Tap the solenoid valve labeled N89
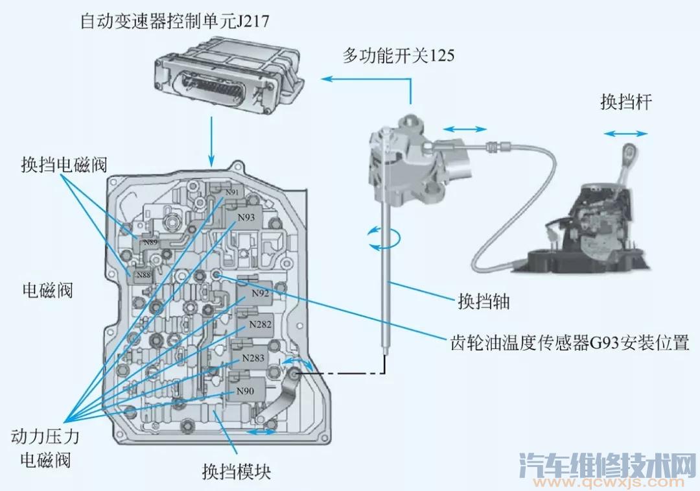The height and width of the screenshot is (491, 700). tap(150, 242)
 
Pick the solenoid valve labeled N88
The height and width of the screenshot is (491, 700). tap(143, 276)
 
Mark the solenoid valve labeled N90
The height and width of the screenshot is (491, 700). tap(245, 391)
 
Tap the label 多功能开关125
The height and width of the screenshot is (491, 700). tap(399, 56)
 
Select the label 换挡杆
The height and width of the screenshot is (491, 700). tap(625, 102)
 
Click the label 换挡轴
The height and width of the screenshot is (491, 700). tap(484, 302)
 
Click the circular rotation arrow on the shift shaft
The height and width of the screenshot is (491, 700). tap(382, 237)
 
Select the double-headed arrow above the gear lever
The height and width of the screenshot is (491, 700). tap(625, 134)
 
